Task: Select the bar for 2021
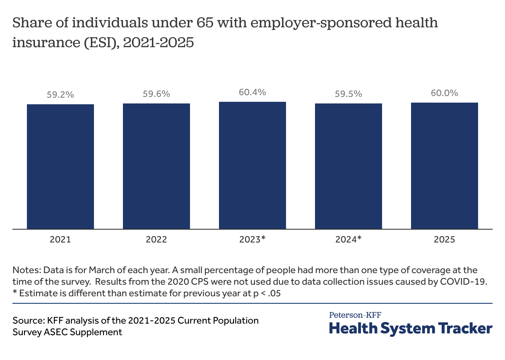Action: click(60, 167)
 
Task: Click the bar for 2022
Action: click(156, 166)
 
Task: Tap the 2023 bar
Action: click(252, 166)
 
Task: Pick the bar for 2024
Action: click(349, 166)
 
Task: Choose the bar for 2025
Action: click(445, 166)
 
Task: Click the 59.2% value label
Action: click(60, 95)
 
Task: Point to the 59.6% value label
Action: click(156, 94)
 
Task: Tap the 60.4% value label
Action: click(252, 92)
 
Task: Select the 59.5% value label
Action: click(349, 94)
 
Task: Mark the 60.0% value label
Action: click(445, 93)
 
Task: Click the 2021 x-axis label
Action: click(60, 240)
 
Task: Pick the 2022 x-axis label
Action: click(156, 240)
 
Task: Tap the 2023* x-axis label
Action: click(252, 239)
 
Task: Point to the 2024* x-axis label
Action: click(349, 239)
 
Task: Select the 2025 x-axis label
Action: click(445, 240)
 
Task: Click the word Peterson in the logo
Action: click(346, 315)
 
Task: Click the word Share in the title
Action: click(32, 23)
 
